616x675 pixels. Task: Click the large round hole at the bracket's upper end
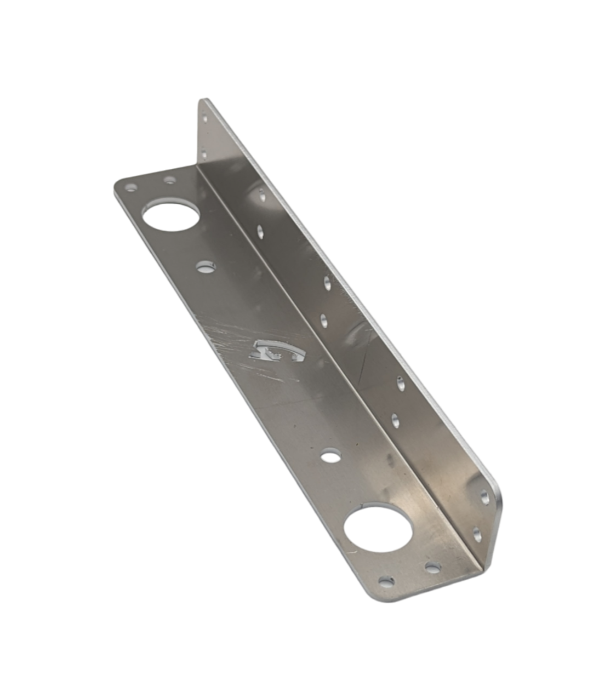170,216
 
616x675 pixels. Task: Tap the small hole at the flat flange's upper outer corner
130,187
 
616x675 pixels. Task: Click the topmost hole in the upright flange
205,117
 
